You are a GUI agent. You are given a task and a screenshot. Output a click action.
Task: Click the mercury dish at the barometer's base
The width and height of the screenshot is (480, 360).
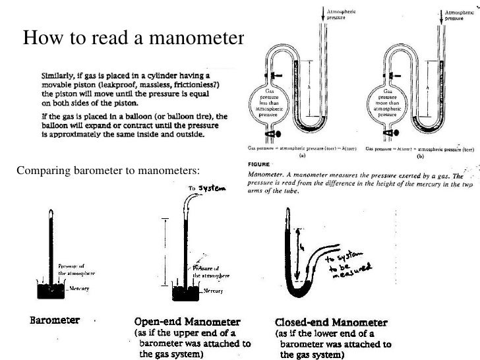[x=50, y=289]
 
